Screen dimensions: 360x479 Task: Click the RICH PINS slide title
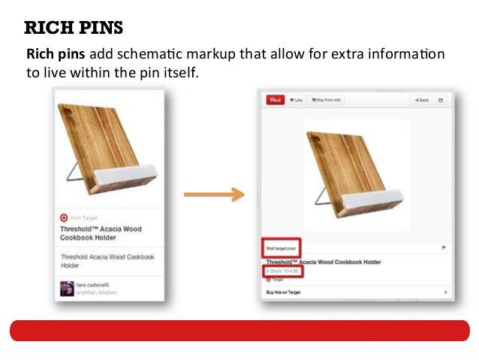pyautogui.click(x=74, y=29)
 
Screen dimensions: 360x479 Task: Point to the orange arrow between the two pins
pyautogui.click(x=214, y=195)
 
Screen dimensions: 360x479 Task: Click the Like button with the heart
pyautogui.click(x=296, y=100)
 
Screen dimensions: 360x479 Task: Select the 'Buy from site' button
pyautogui.click(x=327, y=100)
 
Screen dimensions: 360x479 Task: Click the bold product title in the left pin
pyautogui.click(x=101, y=233)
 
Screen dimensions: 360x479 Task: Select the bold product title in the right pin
pyautogui.click(x=323, y=262)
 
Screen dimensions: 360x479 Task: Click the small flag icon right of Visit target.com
pyautogui.click(x=444, y=247)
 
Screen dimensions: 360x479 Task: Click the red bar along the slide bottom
pyautogui.click(x=239, y=331)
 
